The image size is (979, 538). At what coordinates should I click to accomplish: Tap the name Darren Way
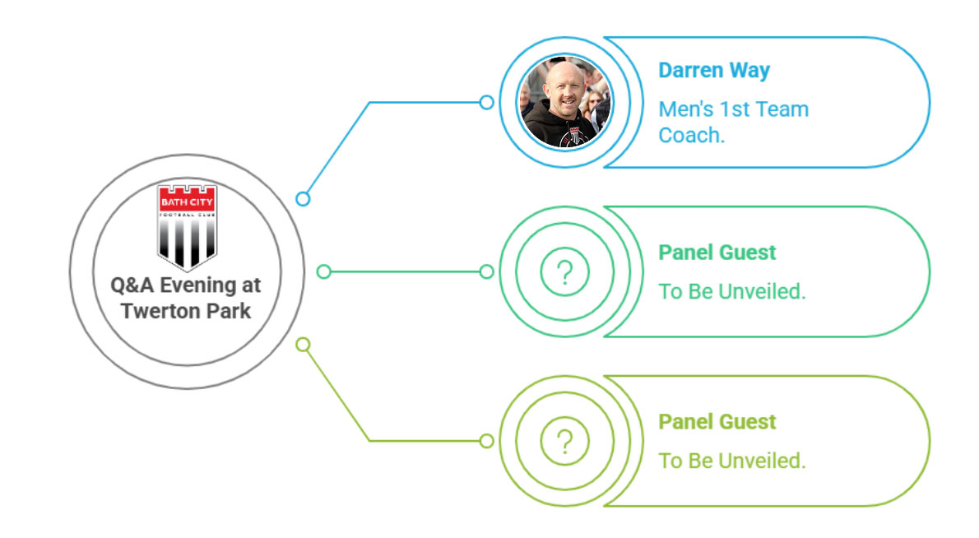click(714, 71)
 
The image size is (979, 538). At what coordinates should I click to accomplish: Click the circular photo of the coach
click(566, 102)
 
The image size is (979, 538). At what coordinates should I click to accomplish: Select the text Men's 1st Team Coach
click(734, 123)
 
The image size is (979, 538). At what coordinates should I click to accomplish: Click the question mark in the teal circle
click(565, 273)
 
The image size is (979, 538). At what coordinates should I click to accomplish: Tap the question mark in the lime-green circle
click(565, 442)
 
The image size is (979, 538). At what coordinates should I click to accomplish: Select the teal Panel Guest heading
click(717, 253)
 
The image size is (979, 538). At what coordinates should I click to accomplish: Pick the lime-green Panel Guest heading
click(717, 422)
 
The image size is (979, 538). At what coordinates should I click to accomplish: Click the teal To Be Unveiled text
click(731, 291)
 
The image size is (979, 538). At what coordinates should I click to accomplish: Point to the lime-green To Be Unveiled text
click(731, 461)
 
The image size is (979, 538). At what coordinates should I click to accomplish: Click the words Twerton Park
click(186, 311)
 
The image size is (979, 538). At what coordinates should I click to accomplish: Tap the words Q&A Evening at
click(185, 285)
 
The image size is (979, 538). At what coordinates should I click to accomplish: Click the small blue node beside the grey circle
click(303, 199)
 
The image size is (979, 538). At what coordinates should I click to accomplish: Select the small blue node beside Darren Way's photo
click(486, 102)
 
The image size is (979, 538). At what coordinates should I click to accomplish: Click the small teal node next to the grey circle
click(323, 271)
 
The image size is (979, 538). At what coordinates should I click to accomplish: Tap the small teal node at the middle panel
click(486, 271)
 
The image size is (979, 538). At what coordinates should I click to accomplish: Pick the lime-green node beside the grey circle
click(303, 345)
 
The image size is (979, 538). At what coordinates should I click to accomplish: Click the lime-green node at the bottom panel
click(486, 441)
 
